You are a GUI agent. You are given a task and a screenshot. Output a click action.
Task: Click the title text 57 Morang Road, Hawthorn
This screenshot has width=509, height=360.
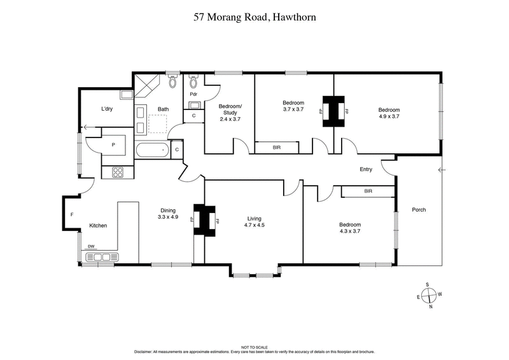(254, 18)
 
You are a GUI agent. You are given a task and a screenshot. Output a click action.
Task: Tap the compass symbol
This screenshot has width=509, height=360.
(430, 294)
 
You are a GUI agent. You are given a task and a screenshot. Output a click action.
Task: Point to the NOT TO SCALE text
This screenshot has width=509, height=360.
(254, 347)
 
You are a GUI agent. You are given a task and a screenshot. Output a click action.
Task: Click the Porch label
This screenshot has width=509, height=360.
(419, 209)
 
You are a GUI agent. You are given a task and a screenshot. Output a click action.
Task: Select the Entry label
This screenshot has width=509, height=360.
(366, 169)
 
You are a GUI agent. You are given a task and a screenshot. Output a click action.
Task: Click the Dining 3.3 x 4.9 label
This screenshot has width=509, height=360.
(167, 214)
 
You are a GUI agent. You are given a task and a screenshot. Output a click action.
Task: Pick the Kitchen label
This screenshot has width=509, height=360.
(98, 226)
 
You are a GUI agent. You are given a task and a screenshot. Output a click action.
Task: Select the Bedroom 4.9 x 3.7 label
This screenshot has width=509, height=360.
(389, 113)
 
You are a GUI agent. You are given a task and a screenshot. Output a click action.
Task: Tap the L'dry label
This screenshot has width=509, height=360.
(107, 109)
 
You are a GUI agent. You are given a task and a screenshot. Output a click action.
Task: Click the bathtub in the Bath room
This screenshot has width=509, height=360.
(152, 151)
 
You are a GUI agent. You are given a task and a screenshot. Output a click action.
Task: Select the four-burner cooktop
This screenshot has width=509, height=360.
(118, 171)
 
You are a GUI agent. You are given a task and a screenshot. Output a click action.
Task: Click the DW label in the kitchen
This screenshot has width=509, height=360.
(92, 247)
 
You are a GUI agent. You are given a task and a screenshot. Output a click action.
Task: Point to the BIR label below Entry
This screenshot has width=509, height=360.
(368, 191)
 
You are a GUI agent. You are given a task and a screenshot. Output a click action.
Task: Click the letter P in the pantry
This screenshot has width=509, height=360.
(113, 144)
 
